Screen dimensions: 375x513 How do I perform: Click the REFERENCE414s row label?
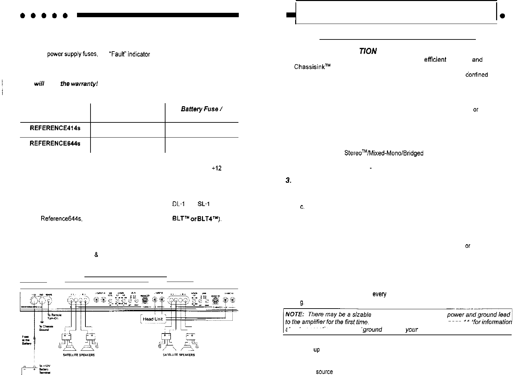pyautogui.click(x=55, y=128)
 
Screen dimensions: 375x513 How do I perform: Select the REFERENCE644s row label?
pyautogui.click(x=55, y=143)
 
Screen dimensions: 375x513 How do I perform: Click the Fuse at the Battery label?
pyautogui.click(x=27, y=340)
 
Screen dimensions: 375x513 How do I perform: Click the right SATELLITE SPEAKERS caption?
pyautogui.click(x=179, y=355)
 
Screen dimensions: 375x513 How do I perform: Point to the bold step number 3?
pyautogui.click(x=288, y=180)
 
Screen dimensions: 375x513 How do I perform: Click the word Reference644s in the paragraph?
pyautogui.click(x=61, y=219)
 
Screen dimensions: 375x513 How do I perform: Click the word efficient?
pyautogui.click(x=435, y=60)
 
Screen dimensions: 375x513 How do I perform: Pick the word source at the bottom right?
pyautogui.click(x=324, y=372)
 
